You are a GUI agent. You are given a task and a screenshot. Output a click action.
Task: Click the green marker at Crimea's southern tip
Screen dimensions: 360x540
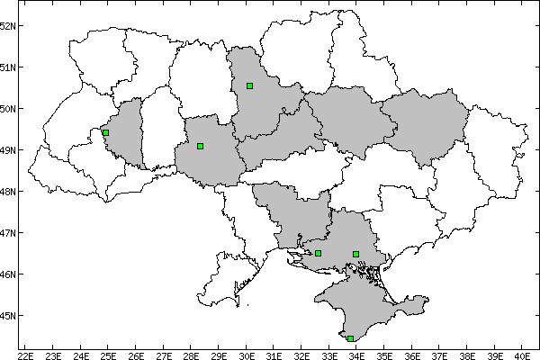point(350,338)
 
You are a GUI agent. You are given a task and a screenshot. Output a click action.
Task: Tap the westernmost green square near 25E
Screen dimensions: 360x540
point(105,132)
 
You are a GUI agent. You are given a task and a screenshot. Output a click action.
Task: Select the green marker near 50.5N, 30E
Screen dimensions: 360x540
point(249,85)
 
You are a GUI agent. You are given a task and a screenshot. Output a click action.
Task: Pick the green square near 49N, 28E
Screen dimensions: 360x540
point(200,146)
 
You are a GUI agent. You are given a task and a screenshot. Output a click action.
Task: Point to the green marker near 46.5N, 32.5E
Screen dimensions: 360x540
point(318,253)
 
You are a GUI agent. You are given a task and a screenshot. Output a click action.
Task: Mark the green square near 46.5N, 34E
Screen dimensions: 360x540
point(355,254)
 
